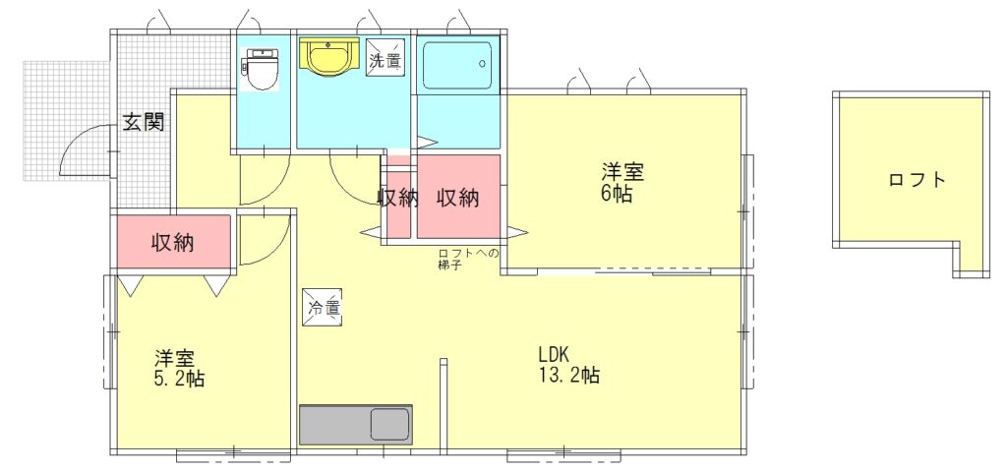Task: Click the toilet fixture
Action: [x=260, y=69]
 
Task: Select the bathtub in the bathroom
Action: [x=456, y=65]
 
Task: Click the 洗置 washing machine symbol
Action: [x=385, y=57]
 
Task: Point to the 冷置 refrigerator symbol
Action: [x=322, y=308]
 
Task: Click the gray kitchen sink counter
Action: [x=355, y=424]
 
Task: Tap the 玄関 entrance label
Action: [x=144, y=123]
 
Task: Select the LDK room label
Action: [x=553, y=354]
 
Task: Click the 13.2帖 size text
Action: [x=569, y=376]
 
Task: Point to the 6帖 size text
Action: [x=618, y=194]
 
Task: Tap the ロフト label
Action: [x=918, y=180]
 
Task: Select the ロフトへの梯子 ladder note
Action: [x=468, y=259]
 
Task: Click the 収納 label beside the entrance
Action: [x=173, y=243]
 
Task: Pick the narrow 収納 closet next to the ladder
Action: [x=398, y=203]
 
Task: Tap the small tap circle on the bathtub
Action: [x=482, y=64]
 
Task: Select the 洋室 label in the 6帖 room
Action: [x=622, y=172]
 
